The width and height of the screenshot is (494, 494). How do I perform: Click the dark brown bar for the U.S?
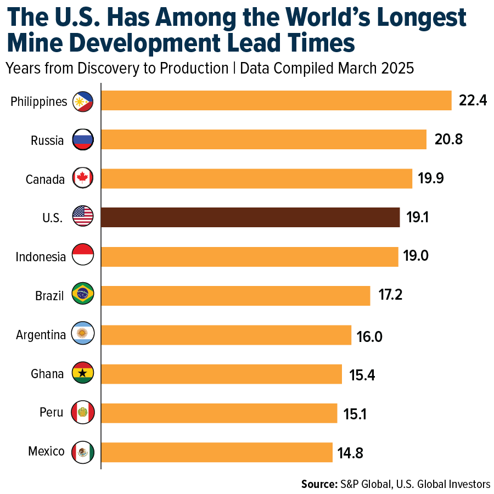click(x=250, y=217)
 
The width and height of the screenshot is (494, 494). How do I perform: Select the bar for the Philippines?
click(x=276, y=100)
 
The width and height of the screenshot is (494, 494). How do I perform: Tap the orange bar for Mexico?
click(x=217, y=452)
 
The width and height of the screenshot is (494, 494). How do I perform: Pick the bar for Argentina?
click(x=226, y=335)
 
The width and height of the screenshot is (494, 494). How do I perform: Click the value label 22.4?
click(x=473, y=100)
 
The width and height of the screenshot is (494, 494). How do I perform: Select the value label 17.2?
click(x=390, y=295)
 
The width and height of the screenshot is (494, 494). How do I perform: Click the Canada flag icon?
click(x=83, y=178)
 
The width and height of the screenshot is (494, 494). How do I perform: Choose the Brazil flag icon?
click(x=83, y=295)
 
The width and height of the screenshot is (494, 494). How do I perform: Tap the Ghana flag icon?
click(x=83, y=374)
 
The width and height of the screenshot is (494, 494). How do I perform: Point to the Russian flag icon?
click(x=83, y=140)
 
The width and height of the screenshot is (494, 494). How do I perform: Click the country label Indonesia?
click(x=41, y=257)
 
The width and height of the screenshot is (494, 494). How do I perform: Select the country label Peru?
click(x=52, y=413)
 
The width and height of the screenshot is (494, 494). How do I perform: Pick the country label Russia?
click(x=47, y=140)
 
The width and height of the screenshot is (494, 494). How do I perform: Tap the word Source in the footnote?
click(x=318, y=484)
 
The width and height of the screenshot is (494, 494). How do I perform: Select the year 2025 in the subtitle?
click(x=396, y=69)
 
